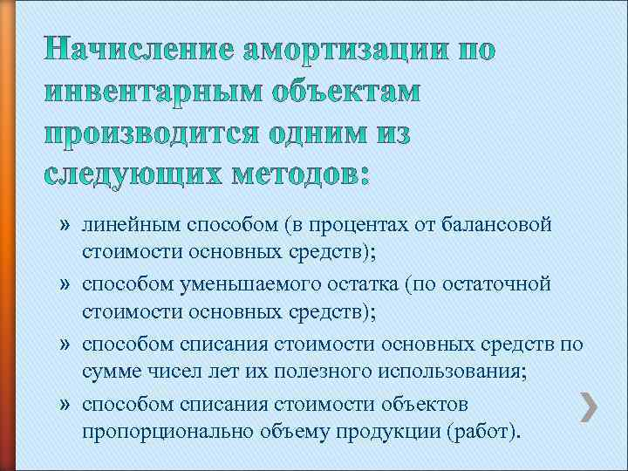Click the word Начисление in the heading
[x=134, y=51]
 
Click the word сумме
[x=109, y=373]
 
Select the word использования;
[x=447, y=373]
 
